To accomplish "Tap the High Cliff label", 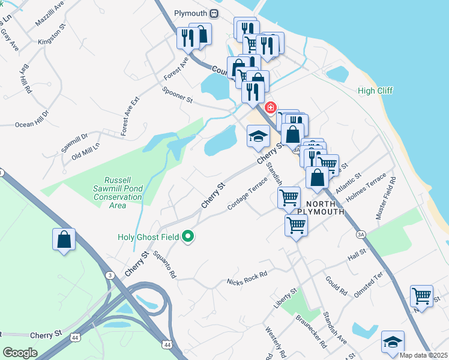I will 375,91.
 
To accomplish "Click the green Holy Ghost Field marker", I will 188,237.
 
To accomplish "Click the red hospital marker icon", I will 271,107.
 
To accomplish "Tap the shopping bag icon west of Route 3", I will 64,240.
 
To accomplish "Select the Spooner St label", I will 177,94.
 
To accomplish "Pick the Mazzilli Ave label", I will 49,13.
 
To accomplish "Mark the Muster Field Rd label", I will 387,197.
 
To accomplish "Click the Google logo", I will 20,353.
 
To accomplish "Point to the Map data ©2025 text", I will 423,355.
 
